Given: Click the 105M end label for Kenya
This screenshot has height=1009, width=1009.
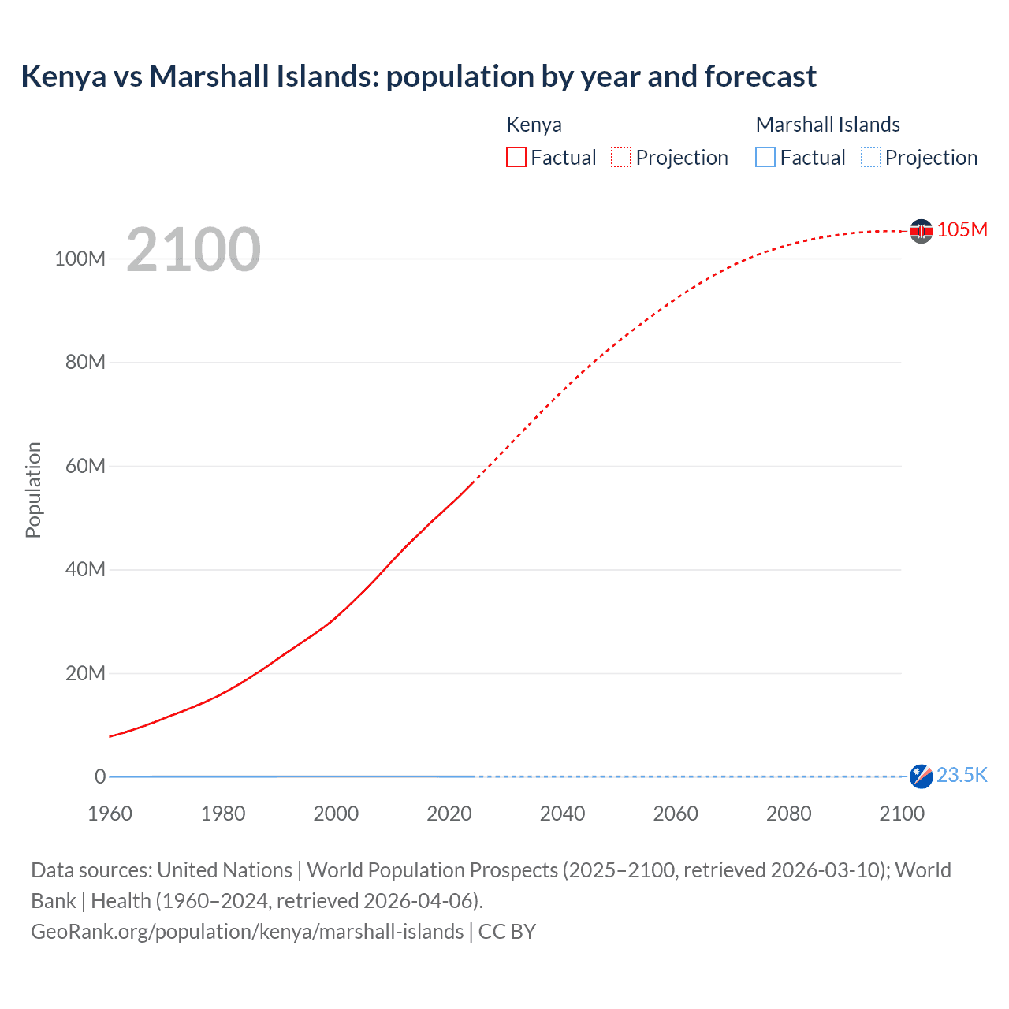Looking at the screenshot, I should pyautogui.click(x=962, y=229).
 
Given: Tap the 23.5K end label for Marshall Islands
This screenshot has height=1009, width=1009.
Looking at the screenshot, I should pyautogui.click(x=962, y=775).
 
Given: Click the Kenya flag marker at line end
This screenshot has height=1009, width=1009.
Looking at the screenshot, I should pyautogui.click(x=921, y=231).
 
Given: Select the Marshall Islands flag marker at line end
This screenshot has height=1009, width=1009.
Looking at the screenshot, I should pyautogui.click(x=921, y=776).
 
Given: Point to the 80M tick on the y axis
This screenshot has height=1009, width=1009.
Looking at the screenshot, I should pyautogui.click(x=85, y=363).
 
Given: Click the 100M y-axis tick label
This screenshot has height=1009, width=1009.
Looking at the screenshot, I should pyautogui.click(x=80, y=259).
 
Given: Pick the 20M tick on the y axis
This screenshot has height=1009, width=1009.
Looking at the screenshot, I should pyautogui.click(x=85, y=673).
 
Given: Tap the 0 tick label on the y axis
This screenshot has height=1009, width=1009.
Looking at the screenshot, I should pyautogui.click(x=100, y=776).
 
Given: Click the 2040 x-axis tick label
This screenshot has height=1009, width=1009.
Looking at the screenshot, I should pyautogui.click(x=562, y=814).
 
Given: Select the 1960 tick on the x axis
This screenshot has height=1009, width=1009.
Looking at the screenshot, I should pyautogui.click(x=110, y=814).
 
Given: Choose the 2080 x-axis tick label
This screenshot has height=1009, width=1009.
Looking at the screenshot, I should pyautogui.click(x=788, y=814).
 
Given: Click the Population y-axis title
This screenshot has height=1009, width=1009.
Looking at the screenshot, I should pyautogui.click(x=33, y=490).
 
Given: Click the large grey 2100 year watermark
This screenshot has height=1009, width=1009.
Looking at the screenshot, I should pyautogui.click(x=193, y=250).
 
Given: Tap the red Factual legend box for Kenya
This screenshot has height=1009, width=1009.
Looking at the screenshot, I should pyautogui.click(x=516, y=157).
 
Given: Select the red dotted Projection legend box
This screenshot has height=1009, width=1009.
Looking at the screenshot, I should pyautogui.click(x=621, y=157).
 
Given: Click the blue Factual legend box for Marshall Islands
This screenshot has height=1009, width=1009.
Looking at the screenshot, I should pyautogui.click(x=765, y=157).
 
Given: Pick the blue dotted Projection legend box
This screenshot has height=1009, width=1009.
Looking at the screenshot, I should pyautogui.click(x=871, y=157).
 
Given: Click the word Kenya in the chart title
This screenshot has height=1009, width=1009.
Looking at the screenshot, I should pyautogui.click(x=63, y=76).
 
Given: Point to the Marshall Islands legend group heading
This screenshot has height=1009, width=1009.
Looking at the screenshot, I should pyautogui.click(x=828, y=125).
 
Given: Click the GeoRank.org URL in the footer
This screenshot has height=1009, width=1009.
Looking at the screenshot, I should pyautogui.click(x=248, y=932).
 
